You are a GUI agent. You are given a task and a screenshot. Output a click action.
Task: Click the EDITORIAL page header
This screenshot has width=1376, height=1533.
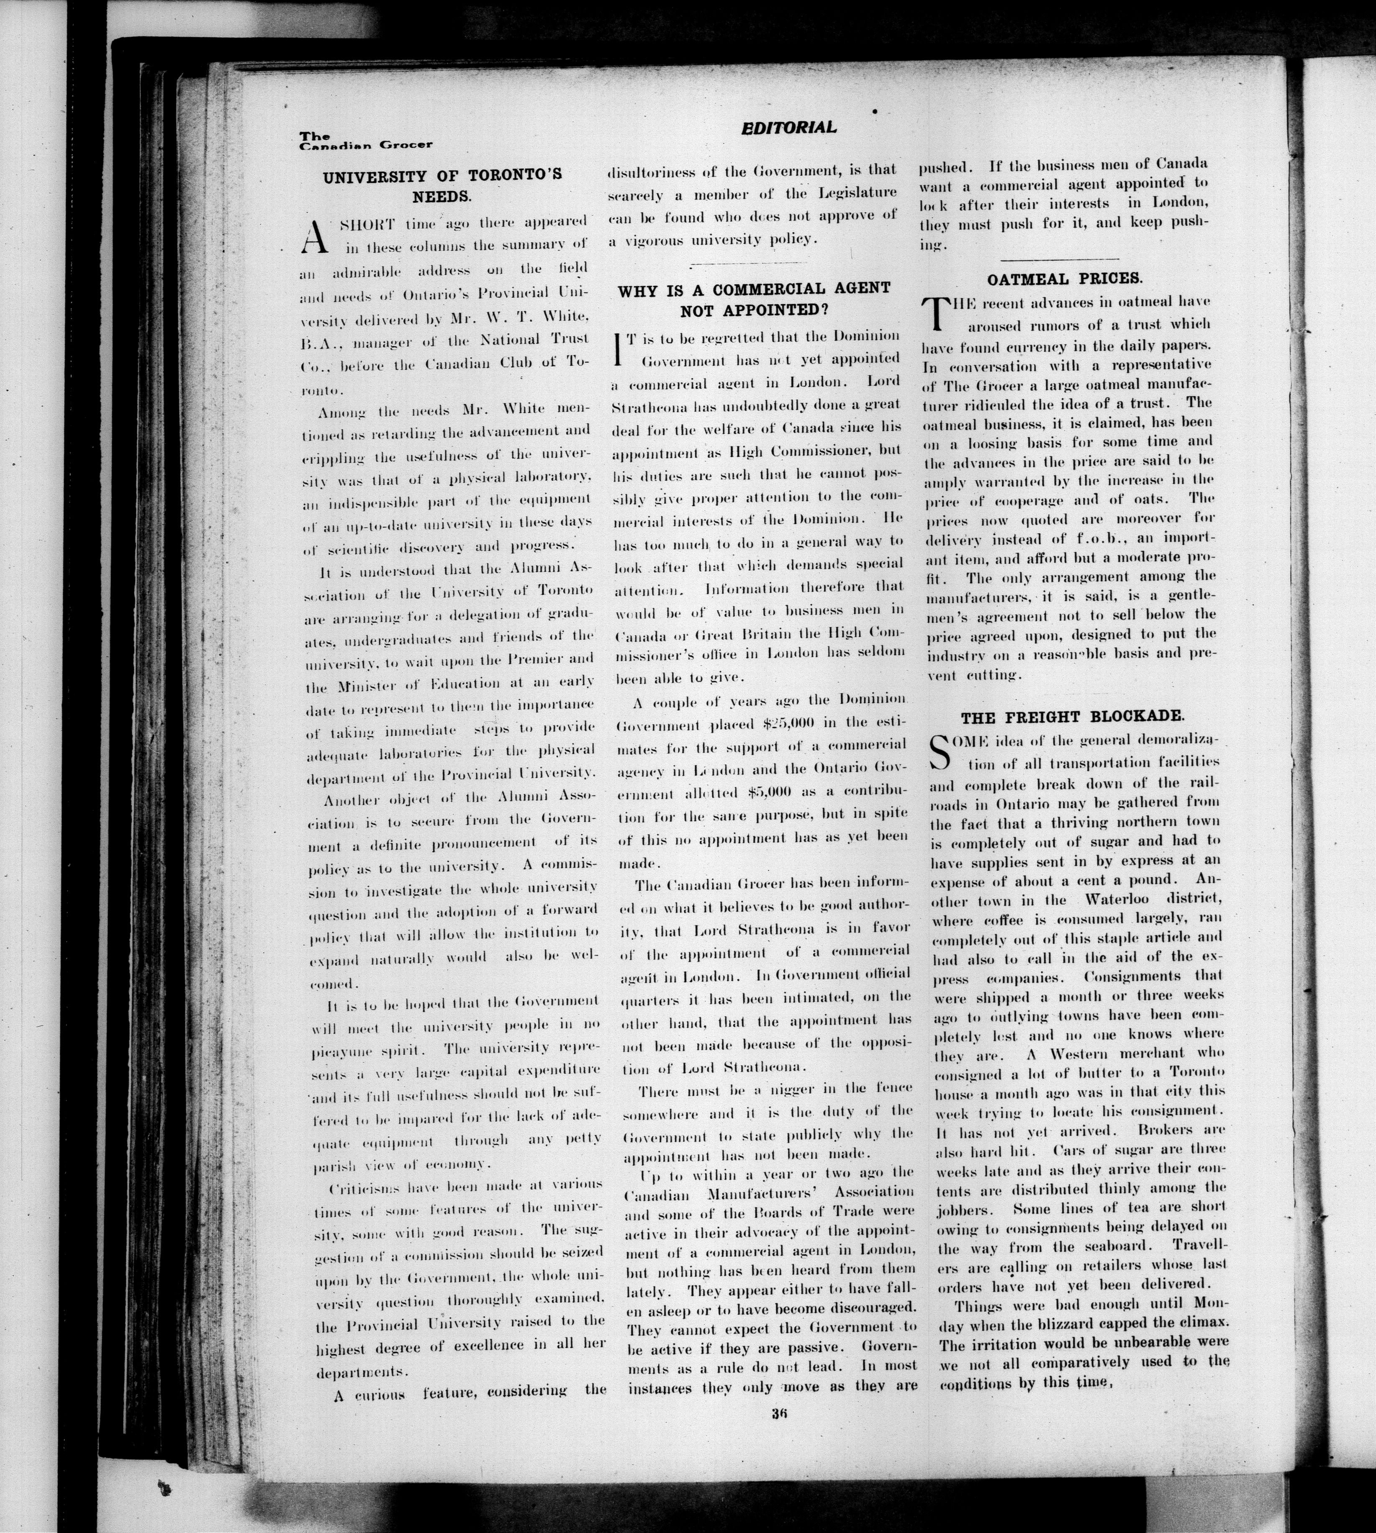[788, 128]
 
